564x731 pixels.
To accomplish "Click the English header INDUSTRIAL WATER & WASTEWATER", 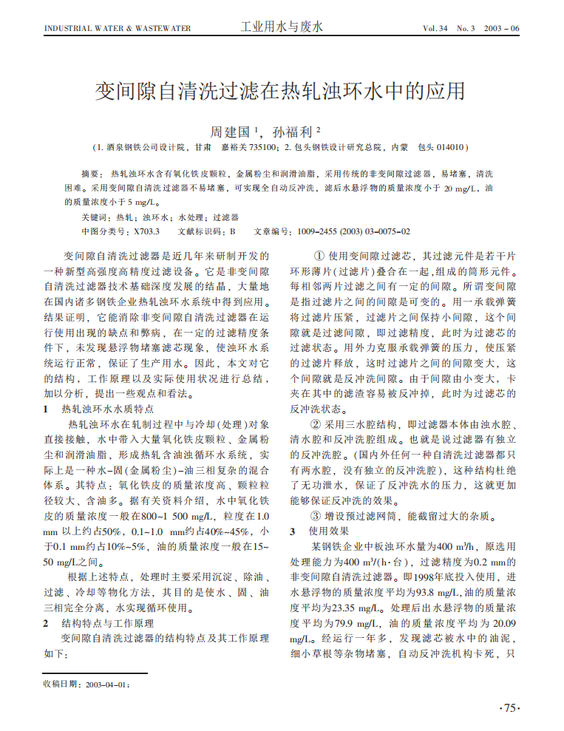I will (x=118, y=29).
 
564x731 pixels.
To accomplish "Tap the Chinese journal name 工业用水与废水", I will (x=282, y=27).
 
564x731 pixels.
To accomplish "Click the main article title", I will (x=281, y=91).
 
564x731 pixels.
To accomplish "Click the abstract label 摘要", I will (x=89, y=173).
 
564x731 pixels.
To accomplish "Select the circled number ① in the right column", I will (x=319, y=256).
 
